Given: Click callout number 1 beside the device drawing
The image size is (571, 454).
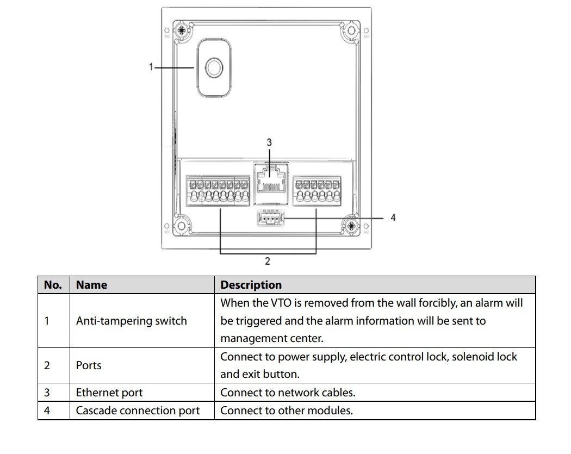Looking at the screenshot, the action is (x=151, y=67).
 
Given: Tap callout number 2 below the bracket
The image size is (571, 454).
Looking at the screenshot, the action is (x=268, y=261).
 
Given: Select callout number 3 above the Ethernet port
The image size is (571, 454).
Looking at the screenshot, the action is (x=269, y=142).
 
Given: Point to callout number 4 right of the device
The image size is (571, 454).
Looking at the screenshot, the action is (x=393, y=217).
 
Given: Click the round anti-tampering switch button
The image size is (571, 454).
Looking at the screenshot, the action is (x=214, y=68).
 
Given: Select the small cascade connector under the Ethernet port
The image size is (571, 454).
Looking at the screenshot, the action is (x=270, y=218).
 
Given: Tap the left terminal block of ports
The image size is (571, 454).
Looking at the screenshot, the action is (x=218, y=191).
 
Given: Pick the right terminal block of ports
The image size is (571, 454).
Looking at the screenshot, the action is (x=317, y=191).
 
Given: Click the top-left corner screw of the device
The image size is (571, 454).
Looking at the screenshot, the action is (x=181, y=30).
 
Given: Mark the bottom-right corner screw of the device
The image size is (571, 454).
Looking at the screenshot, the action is (x=351, y=226).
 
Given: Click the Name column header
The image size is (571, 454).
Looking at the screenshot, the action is (x=91, y=285).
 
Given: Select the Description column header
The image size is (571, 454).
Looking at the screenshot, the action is (x=251, y=285).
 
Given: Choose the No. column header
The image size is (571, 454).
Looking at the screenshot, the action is (x=53, y=285).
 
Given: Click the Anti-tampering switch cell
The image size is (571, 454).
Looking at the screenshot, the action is (x=132, y=321).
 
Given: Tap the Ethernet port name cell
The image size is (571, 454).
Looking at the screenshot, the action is (x=109, y=393).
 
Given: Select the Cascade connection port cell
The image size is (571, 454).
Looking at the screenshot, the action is (x=138, y=411).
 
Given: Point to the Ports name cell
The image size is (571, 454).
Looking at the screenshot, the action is (x=89, y=365).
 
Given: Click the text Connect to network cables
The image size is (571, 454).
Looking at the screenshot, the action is (x=288, y=393).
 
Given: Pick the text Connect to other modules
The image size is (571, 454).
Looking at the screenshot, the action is (x=287, y=411).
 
